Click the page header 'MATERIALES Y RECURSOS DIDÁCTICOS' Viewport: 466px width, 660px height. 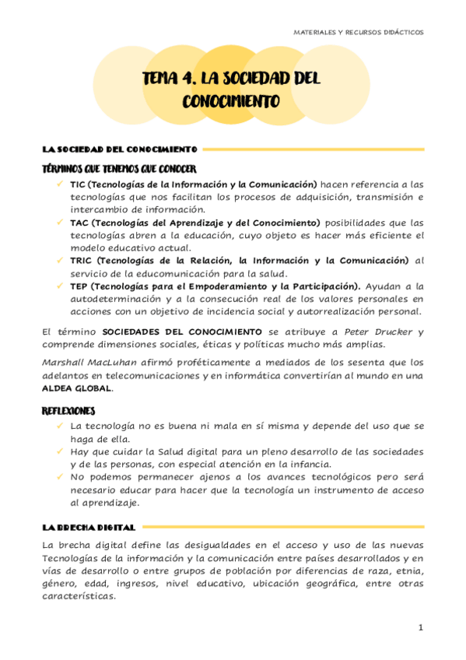click(x=359, y=33)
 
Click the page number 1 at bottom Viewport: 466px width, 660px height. click(x=420, y=627)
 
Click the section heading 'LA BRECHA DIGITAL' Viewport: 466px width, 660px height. click(x=89, y=527)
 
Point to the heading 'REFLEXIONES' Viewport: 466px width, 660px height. click(x=69, y=410)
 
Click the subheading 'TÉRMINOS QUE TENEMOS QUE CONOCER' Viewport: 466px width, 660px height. click(x=118, y=169)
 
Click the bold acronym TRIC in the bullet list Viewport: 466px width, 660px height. click(x=81, y=260)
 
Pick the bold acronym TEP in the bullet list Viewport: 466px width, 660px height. click(x=78, y=286)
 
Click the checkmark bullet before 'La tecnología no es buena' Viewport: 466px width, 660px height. click(x=60, y=426)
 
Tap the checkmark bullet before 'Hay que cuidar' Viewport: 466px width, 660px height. click(x=60, y=451)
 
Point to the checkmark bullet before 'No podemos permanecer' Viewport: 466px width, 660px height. click(x=60, y=476)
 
